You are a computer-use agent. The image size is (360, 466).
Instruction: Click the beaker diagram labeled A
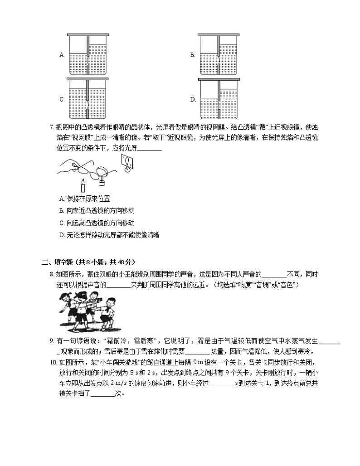pos(88,54)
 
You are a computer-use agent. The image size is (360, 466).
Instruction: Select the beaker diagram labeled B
pos(219,54)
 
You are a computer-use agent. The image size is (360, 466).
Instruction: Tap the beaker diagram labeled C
pos(88,98)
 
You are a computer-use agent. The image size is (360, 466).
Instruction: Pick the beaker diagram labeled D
pos(219,98)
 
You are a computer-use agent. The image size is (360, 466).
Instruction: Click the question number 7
pos(52,127)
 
